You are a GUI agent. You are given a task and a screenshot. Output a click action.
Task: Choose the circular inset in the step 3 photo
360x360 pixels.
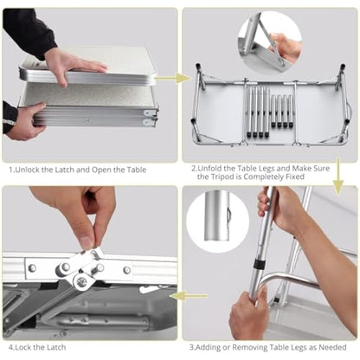(x=217, y=222)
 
